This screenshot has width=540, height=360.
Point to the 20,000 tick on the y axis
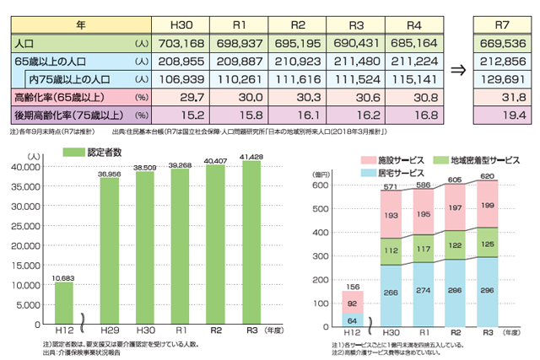(x=40, y=245)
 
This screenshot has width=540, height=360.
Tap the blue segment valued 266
(x=391, y=293)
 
